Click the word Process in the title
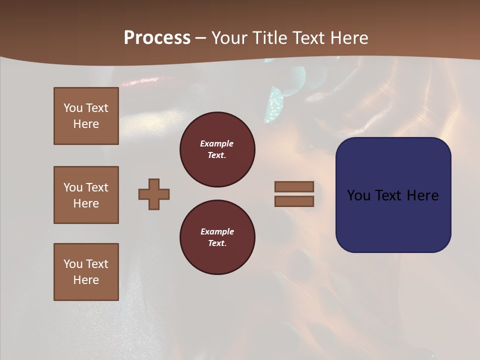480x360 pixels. (157, 38)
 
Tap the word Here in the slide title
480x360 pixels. (348, 38)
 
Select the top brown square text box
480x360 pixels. (86, 116)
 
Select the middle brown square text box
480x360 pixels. (86, 195)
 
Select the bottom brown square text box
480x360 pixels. (86, 272)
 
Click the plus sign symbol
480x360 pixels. (154, 194)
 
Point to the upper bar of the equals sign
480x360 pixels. (294, 186)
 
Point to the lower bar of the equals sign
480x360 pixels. (294, 201)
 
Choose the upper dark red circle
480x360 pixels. (217, 149)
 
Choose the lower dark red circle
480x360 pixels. (217, 237)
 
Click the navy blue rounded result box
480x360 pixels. (393, 195)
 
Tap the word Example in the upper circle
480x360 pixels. (216, 143)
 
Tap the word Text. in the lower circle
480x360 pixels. (217, 243)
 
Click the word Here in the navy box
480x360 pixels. (422, 195)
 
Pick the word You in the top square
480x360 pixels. (72, 108)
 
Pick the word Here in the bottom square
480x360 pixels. (86, 280)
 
